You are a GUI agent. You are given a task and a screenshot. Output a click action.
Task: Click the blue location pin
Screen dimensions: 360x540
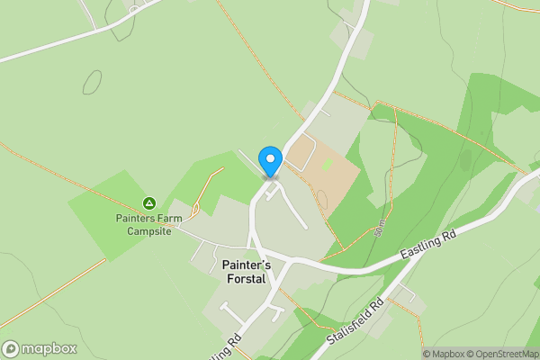click(270, 161)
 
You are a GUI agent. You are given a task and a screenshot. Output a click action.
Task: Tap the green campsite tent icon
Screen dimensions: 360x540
click(149, 203)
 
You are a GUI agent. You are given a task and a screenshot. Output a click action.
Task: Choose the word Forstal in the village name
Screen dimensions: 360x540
click(245, 279)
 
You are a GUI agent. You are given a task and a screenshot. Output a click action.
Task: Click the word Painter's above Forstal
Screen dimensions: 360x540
click(246, 265)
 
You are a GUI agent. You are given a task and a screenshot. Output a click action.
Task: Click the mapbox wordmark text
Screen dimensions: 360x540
click(49, 349)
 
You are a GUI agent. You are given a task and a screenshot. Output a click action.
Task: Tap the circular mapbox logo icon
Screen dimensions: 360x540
click(11, 349)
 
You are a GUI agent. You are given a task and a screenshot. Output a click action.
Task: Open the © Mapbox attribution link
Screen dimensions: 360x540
click(444, 354)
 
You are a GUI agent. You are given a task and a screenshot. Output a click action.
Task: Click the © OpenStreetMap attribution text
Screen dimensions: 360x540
click(503, 354)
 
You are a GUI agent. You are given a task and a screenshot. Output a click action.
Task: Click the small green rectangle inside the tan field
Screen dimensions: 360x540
click(328, 165)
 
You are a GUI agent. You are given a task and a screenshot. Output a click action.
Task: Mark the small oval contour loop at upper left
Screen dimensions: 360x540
click(92, 82)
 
